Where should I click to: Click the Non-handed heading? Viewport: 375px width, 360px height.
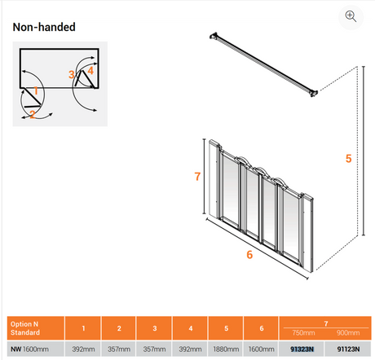(x=44, y=27)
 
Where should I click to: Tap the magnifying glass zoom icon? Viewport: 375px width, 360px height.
(x=351, y=16)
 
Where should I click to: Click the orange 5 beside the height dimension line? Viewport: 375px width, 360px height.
(x=349, y=158)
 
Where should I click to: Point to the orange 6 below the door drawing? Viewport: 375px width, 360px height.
(x=249, y=255)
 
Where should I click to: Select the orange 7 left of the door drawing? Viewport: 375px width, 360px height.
(x=197, y=177)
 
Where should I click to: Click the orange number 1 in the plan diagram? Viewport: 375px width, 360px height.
(x=36, y=90)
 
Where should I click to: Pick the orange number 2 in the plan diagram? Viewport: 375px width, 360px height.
(x=33, y=114)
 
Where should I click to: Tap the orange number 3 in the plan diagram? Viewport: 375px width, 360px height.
(x=71, y=74)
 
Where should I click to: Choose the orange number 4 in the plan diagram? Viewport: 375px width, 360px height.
(x=90, y=71)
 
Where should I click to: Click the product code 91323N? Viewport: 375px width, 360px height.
(x=302, y=349)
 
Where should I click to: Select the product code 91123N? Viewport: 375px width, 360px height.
(x=348, y=349)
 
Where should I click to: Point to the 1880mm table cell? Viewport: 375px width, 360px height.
(x=226, y=349)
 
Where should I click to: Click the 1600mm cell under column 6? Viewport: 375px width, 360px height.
(x=261, y=349)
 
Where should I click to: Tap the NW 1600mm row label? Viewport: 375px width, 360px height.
(x=29, y=349)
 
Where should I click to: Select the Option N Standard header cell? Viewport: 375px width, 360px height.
(x=36, y=328)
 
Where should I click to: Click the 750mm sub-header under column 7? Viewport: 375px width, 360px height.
(x=303, y=333)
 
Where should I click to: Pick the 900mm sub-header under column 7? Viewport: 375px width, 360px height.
(x=348, y=333)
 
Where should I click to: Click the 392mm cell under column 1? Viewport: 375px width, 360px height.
(x=83, y=349)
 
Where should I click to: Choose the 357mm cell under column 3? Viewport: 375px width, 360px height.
(x=154, y=349)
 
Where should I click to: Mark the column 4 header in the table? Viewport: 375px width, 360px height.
(x=191, y=328)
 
